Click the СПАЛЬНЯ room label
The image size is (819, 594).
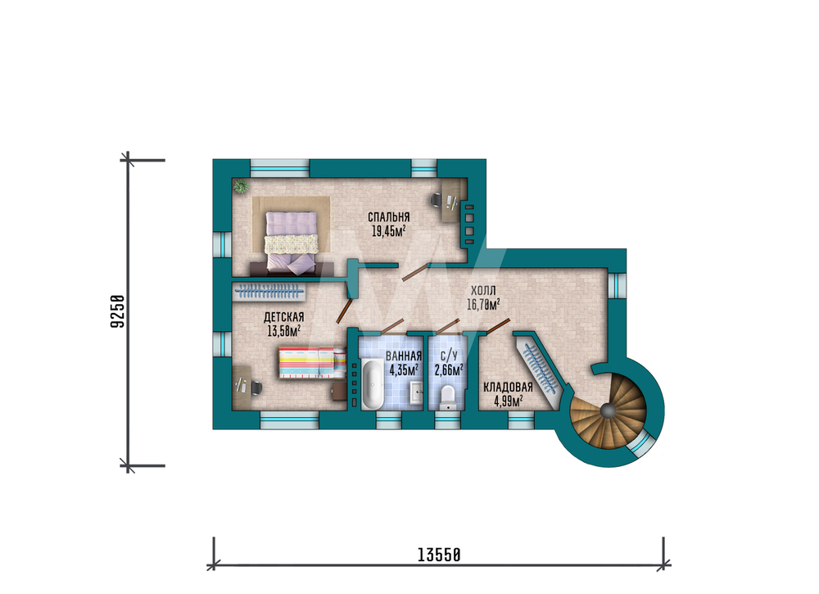[x=388, y=217]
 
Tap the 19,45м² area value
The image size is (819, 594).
[x=388, y=231]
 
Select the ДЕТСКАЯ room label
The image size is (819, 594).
[x=283, y=317]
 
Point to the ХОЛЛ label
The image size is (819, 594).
[x=483, y=291]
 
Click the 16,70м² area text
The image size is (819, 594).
[x=483, y=304]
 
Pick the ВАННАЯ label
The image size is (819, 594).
[x=403, y=356]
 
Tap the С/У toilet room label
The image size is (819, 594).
[x=449, y=356]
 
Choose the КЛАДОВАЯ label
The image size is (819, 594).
[x=508, y=387]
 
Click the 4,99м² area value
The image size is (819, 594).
[x=508, y=401]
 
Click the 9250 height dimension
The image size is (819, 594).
[x=118, y=312]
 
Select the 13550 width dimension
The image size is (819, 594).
[x=439, y=555]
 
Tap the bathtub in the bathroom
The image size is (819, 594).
[x=373, y=384]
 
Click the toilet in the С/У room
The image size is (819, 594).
[x=449, y=397]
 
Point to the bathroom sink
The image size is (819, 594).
[x=416, y=392]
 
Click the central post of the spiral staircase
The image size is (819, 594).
[x=608, y=411]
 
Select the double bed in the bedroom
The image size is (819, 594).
[x=292, y=243]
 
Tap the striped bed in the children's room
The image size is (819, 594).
[x=312, y=363]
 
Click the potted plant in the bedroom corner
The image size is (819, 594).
[x=241, y=185]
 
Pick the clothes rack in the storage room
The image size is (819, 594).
[x=540, y=367]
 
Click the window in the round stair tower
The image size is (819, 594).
[x=642, y=442]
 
